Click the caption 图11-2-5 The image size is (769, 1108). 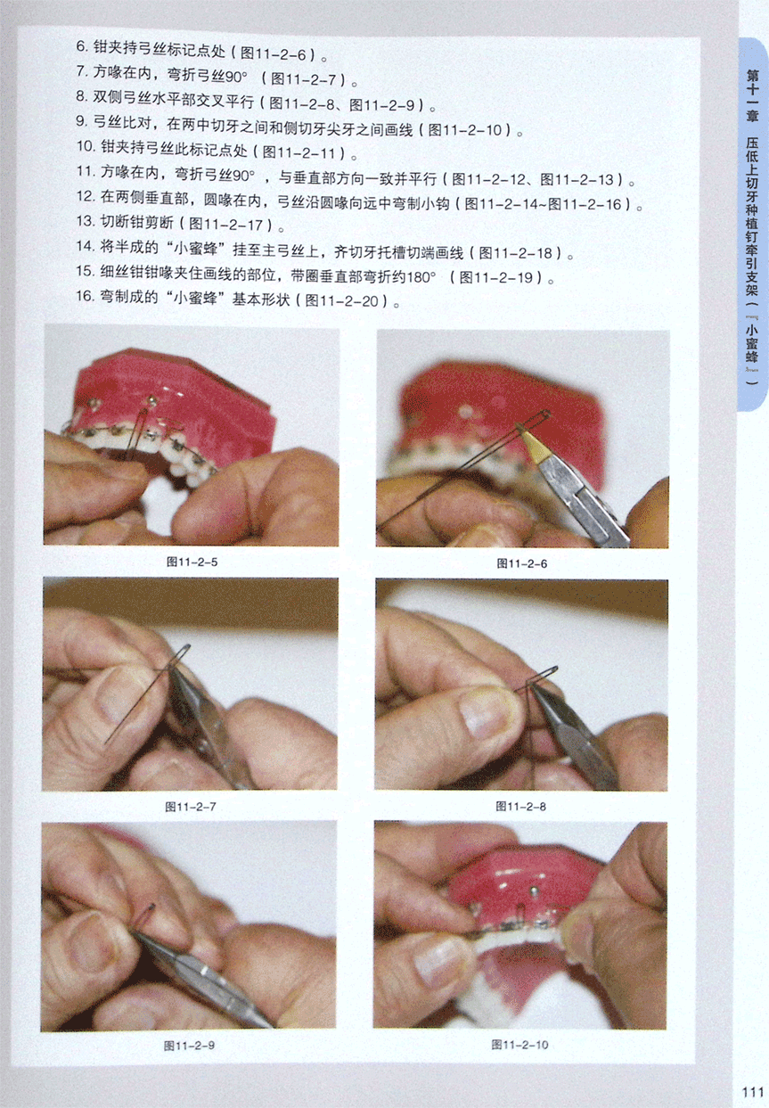pyautogui.click(x=192, y=562)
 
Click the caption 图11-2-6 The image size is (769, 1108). pyautogui.click(x=522, y=563)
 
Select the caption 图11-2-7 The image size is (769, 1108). pyautogui.click(x=191, y=807)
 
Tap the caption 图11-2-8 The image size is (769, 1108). pyautogui.click(x=520, y=807)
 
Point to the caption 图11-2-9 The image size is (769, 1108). pyautogui.click(x=189, y=1046)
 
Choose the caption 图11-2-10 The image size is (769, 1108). pyautogui.click(x=519, y=1045)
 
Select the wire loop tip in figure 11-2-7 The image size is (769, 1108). pyautogui.click(x=186, y=646)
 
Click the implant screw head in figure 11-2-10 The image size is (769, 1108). pyautogui.click(x=534, y=890)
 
